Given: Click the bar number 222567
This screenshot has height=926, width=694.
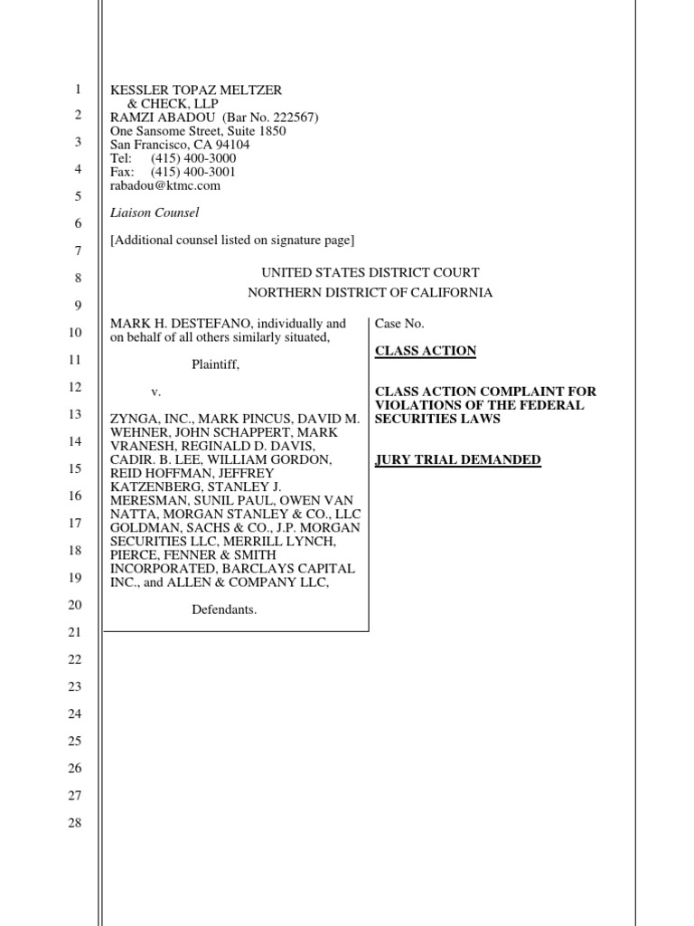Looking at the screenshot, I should [x=290, y=118].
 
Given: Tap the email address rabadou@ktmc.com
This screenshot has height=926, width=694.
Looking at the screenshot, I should [x=165, y=185].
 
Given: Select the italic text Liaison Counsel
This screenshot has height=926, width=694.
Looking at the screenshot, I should [x=155, y=213].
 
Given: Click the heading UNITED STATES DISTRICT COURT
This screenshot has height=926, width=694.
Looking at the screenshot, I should [x=370, y=272].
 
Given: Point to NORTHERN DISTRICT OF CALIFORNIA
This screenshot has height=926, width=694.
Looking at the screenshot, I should [x=370, y=292].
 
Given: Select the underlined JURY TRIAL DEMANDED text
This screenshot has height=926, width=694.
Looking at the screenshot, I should [x=458, y=459].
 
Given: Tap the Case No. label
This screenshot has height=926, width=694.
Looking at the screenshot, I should [x=399, y=324].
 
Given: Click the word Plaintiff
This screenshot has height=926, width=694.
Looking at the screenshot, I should [x=216, y=365].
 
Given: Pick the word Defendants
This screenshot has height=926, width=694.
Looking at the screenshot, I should [x=224, y=609].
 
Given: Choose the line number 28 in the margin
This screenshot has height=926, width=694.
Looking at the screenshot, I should [x=75, y=823].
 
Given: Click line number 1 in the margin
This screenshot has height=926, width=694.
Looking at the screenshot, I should [x=78, y=89].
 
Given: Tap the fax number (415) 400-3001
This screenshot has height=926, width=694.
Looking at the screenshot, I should [x=193, y=172].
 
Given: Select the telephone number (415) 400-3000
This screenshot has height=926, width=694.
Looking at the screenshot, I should [x=193, y=158].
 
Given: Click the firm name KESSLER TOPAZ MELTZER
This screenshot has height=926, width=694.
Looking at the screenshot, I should [x=196, y=90].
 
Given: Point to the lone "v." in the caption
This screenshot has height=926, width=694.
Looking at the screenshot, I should [x=155, y=392].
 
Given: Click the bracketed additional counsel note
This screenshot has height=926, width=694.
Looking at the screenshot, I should [x=232, y=240].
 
